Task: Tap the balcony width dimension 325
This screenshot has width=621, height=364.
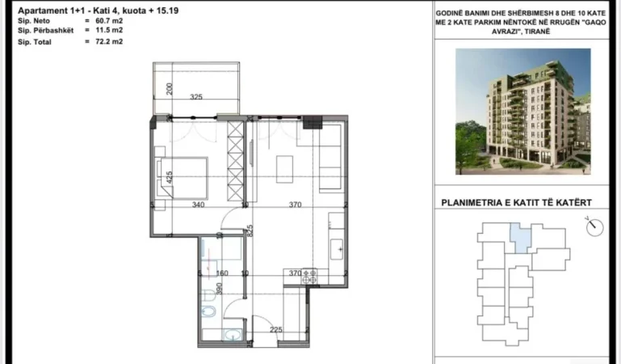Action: pos(196,97)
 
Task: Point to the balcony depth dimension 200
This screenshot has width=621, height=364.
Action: pos(170,88)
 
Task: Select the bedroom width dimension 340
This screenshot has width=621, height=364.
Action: pos(198,205)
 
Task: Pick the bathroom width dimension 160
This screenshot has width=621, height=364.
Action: pos(223,273)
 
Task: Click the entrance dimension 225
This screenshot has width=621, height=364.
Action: pos(275,329)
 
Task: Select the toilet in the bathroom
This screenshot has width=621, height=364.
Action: pos(208,311)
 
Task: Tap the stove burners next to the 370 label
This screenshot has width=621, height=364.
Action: pos(313,275)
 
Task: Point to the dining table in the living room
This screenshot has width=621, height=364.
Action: pos(285,168)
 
